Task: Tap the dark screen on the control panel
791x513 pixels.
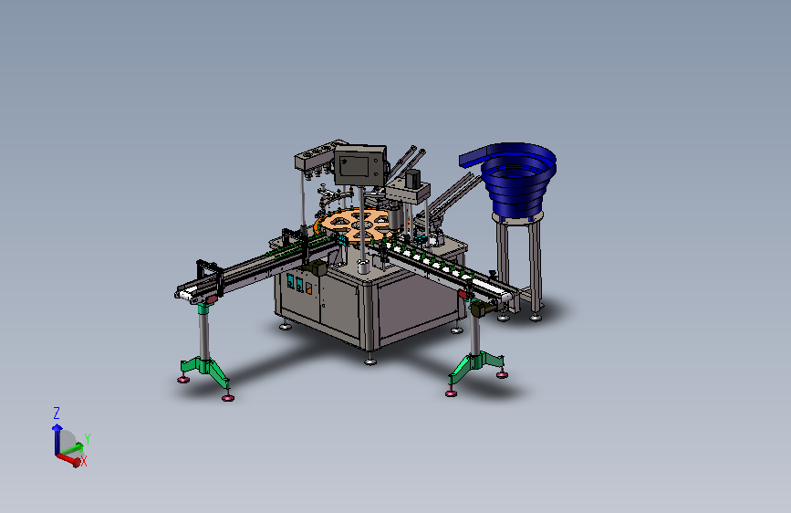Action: click(x=355, y=165)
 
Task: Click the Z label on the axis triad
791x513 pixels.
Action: click(x=57, y=414)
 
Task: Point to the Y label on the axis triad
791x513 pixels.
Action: click(x=88, y=439)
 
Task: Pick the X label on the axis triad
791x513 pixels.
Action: click(x=84, y=460)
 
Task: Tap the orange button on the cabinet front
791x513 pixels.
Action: click(x=308, y=288)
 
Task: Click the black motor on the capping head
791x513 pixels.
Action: click(x=412, y=179)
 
